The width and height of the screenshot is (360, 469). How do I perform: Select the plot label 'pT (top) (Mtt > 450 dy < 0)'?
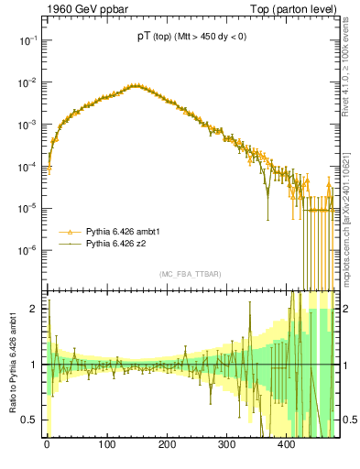(x=191, y=36)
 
